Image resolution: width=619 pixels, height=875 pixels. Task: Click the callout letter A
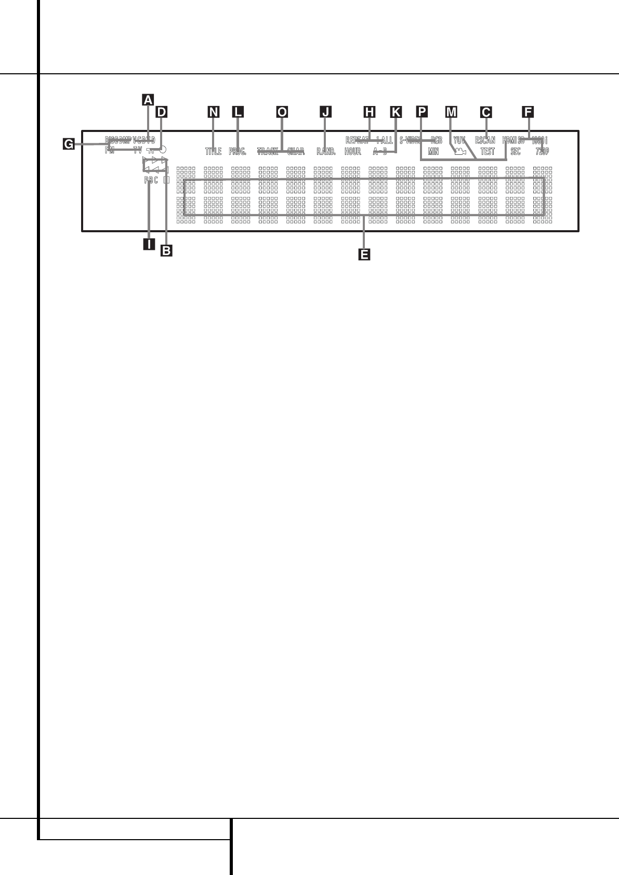click(148, 99)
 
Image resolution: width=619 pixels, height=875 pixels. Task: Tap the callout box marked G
click(68, 144)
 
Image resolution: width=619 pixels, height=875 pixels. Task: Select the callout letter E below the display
click(364, 254)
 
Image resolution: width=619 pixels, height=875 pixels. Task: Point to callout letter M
click(451, 111)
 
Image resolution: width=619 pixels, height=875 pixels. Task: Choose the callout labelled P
click(422, 111)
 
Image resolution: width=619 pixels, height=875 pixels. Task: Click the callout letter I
click(149, 243)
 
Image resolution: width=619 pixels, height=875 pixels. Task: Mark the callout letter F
click(528, 111)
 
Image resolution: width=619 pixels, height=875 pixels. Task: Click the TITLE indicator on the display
click(213, 152)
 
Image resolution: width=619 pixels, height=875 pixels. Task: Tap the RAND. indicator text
click(326, 152)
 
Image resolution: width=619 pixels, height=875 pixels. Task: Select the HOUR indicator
click(352, 152)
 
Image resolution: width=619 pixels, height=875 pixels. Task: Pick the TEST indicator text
click(488, 152)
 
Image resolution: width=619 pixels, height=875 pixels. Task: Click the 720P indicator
click(542, 152)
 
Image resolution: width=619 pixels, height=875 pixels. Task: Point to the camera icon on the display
click(459, 152)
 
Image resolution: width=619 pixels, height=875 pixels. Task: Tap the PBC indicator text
click(151, 180)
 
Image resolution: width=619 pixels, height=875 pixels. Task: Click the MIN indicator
click(433, 152)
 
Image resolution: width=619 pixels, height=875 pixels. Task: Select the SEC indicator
click(515, 152)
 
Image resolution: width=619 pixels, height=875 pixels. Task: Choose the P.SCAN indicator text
click(485, 140)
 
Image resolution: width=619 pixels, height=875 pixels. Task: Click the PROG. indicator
click(237, 152)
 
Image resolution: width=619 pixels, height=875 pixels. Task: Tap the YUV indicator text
click(459, 140)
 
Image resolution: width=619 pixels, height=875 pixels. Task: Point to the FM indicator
click(110, 151)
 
